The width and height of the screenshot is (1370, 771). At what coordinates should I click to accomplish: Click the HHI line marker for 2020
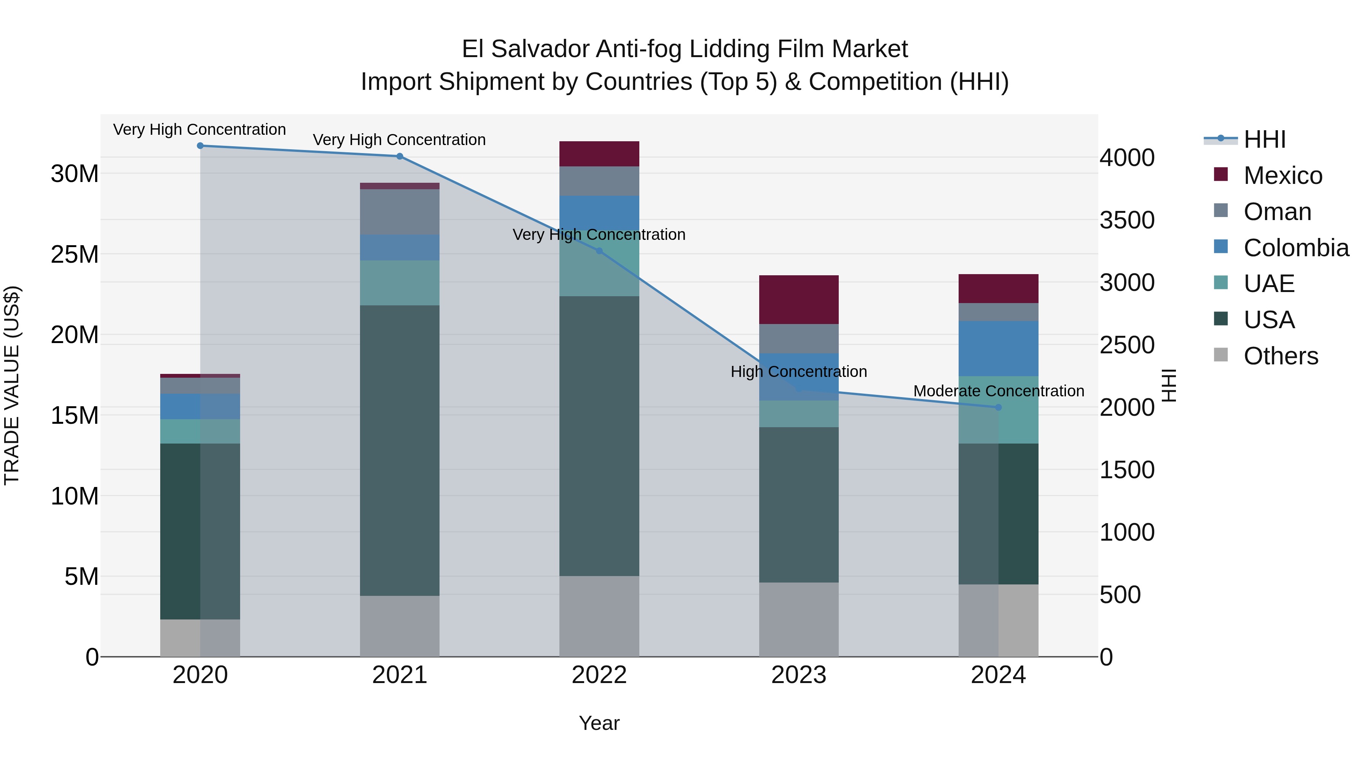pyautogui.click(x=200, y=146)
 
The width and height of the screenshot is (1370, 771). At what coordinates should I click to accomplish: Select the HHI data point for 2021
pyautogui.click(x=400, y=156)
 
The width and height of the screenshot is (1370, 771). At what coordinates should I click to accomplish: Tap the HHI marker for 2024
pyautogui.click(x=998, y=407)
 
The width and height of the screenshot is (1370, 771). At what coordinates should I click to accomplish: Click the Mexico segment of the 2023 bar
pyautogui.click(x=798, y=300)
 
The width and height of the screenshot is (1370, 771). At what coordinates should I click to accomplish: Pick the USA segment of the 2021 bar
pyautogui.click(x=400, y=450)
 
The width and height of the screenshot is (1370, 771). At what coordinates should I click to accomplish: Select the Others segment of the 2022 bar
pyautogui.click(x=599, y=616)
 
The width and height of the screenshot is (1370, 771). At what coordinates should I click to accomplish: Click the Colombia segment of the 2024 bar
pyautogui.click(x=998, y=348)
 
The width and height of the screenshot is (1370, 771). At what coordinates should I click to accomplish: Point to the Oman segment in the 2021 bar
pyautogui.click(x=400, y=212)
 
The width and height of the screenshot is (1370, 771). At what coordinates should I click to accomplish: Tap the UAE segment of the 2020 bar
pyautogui.click(x=200, y=431)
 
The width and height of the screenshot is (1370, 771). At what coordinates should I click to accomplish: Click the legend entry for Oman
pyautogui.click(x=1276, y=212)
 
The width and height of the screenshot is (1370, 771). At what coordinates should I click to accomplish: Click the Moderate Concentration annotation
pyautogui.click(x=998, y=391)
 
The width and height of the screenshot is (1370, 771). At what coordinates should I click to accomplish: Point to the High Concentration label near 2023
pyautogui.click(x=798, y=371)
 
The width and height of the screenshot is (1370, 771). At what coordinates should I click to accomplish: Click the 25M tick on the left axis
pyautogui.click(x=75, y=255)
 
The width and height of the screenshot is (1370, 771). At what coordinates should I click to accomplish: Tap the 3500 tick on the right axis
pyautogui.click(x=1126, y=220)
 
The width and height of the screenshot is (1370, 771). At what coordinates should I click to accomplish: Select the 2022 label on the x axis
pyautogui.click(x=599, y=675)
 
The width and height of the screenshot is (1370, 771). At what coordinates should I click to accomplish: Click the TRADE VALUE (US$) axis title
pyautogui.click(x=12, y=385)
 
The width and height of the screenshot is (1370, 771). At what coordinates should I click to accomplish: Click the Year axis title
pyautogui.click(x=599, y=723)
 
